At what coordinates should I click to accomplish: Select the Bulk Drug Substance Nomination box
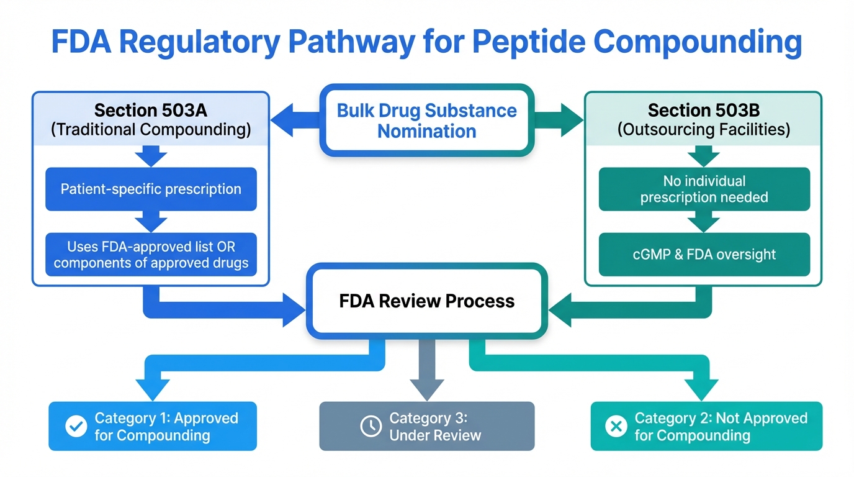[427, 120]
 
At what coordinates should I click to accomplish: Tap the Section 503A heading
[150, 111]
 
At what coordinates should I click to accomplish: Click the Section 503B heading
[704, 111]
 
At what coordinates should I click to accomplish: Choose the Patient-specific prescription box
[151, 189]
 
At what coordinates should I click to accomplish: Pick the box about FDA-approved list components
[151, 255]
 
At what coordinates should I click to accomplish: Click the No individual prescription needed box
[704, 189]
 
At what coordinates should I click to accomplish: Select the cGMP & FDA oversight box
[704, 254]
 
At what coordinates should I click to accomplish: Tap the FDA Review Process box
[427, 301]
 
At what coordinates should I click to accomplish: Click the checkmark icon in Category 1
[76, 427]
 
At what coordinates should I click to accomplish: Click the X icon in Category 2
[616, 426]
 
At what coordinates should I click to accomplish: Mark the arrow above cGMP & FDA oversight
[704, 222]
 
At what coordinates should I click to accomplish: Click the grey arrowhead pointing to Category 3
[427, 388]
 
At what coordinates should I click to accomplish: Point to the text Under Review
[435, 435]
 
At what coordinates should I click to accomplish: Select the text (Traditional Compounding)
[151, 130]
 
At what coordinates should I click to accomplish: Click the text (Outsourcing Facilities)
[704, 130]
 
